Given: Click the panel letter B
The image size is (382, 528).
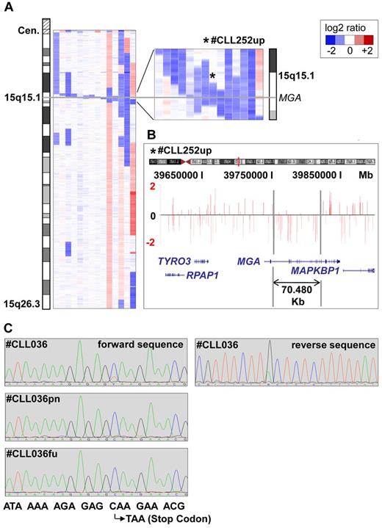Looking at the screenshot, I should pos(151,134).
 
